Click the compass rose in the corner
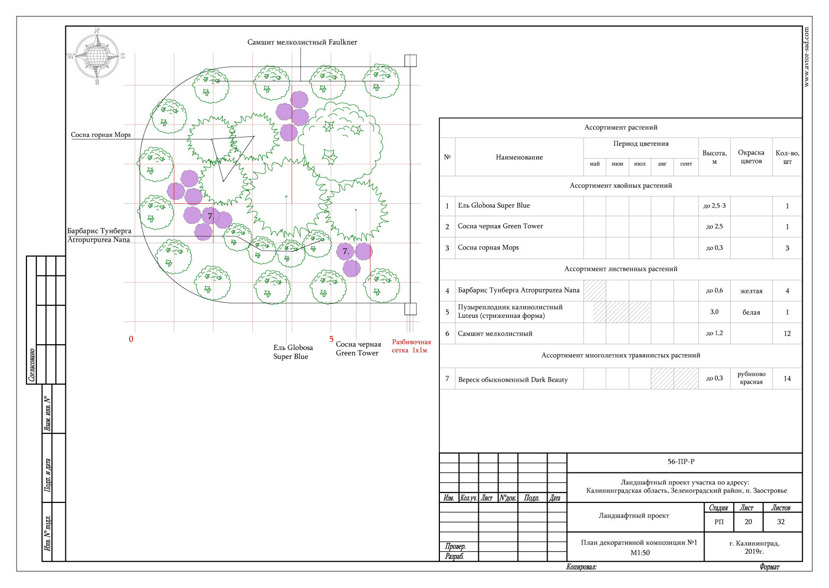tap(96, 57)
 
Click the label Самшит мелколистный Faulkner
tap(302, 42)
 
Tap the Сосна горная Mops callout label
tap(101, 135)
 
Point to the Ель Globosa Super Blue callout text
tap(293, 352)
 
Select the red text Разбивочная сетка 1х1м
tap(411, 346)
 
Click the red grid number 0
tap(131, 339)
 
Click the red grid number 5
tap(331, 339)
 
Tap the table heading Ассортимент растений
tap(621, 128)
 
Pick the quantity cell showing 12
tap(787, 333)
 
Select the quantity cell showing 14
tap(787, 379)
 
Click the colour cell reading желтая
tap(751, 291)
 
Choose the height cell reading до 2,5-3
tap(714, 205)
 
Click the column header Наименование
tap(519, 157)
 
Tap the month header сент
tap(686, 164)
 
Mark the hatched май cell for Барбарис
tap(595, 291)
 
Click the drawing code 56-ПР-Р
tap(681, 461)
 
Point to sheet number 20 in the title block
tap(748, 522)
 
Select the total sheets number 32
tap(780, 522)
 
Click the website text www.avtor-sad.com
tap(806, 57)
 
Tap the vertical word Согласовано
tap(32, 365)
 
